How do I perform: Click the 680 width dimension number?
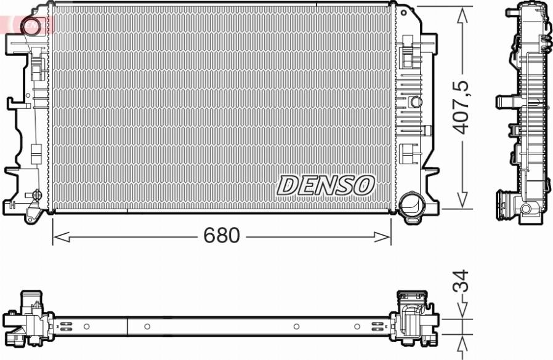click(x=222, y=236)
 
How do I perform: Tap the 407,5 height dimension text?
click(x=462, y=107)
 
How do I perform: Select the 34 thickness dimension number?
click(x=461, y=281)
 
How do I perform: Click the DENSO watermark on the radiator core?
click(x=325, y=185)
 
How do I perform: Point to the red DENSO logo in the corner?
click(x=28, y=25)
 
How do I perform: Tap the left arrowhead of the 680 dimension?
click(x=61, y=237)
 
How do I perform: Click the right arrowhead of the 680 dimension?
click(x=382, y=237)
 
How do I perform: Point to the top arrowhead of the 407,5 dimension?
click(x=462, y=15)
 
